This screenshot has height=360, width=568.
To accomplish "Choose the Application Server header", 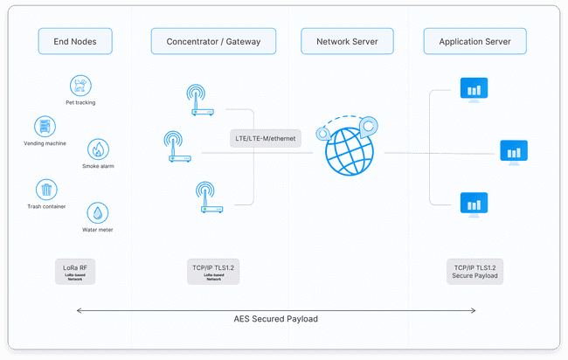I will (474, 41).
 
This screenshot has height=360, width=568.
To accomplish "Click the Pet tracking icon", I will (80, 86).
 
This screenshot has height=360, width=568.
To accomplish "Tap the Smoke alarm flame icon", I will (98, 149).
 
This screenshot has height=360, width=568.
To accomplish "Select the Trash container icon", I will (45, 190).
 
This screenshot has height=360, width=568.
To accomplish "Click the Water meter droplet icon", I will (97, 213).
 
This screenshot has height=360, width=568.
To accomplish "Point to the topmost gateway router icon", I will (200, 100).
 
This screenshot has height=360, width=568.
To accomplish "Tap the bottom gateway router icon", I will (209, 197).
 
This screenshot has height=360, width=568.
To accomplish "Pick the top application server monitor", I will (474, 88).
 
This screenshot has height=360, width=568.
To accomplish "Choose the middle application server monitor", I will (513, 151).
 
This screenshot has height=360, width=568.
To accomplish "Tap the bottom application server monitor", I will (474, 204).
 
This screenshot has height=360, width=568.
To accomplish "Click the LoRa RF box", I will (74, 271).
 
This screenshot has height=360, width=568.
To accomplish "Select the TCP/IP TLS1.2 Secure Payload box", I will (475, 271).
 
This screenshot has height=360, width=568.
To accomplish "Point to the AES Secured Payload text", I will (276, 319).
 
